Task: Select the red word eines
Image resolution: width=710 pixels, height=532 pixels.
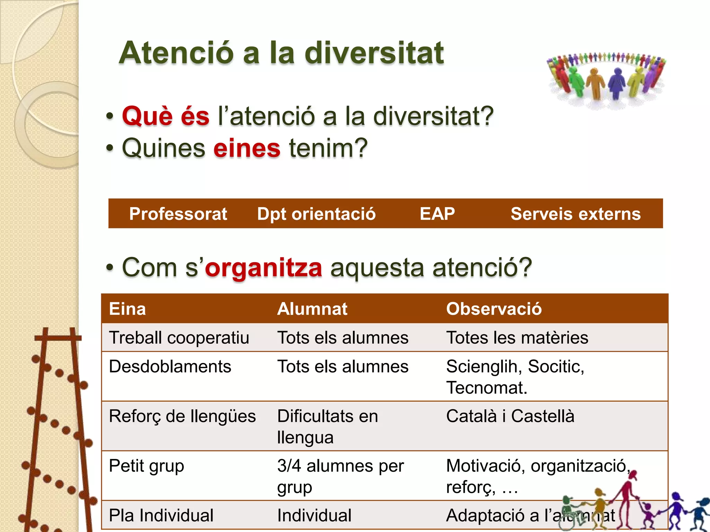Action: pyautogui.click(x=246, y=148)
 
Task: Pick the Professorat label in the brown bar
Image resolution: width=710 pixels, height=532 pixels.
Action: pyautogui.click(x=178, y=214)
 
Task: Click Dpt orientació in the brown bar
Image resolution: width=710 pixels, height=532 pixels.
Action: pyautogui.click(x=316, y=214)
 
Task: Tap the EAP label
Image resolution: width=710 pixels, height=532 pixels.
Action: pyautogui.click(x=437, y=214)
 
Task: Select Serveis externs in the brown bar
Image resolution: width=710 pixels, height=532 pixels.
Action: pyautogui.click(x=575, y=214)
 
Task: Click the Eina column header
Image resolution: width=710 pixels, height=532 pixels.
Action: pyautogui.click(x=127, y=309)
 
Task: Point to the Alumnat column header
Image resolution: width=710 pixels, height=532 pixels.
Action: pyautogui.click(x=312, y=309)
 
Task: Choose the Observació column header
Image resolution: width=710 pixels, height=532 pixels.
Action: pyautogui.click(x=494, y=309)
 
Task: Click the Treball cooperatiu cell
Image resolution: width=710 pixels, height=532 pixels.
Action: pyautogui.click(x=179, y=338)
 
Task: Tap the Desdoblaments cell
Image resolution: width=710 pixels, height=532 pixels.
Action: pyautogui.click(x=170, y=366)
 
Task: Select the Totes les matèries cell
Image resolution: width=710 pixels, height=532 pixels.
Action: pyautogui.click(x=517, y=338)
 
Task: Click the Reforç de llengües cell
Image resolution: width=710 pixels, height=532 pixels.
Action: pyautogui.click(x=182, y=416)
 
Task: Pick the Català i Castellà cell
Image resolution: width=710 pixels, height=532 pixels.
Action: pyautogui.click(x=510, y=416)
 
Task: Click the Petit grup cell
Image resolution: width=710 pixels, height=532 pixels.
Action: pyautogui.click(x=146, y=466)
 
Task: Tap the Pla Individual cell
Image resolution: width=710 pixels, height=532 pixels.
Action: pyautogui.click(x=161, y=515)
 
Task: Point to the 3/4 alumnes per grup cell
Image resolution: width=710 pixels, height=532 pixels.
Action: pyautogui.click(x=340, y=476)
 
